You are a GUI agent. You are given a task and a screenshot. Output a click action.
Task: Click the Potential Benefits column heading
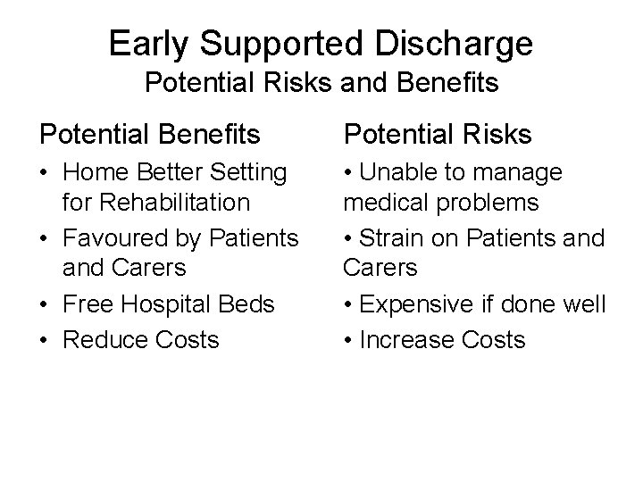pyautogui.click(x=149, y=135)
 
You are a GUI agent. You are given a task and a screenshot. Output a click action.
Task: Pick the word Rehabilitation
pyautogui.click(x=156, y=203)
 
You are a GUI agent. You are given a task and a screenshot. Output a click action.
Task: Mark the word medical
pyautogui.click(x=378, y=203)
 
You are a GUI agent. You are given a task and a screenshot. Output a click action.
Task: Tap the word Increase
pyautogui.click(x=409, y=339)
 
